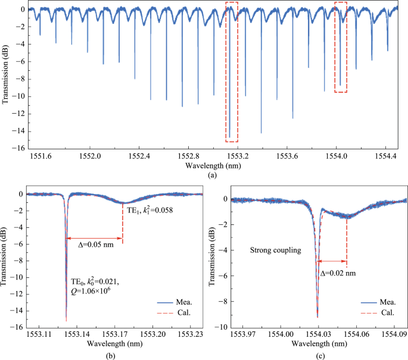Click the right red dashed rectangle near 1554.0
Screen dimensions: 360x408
tap(341, 47)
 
